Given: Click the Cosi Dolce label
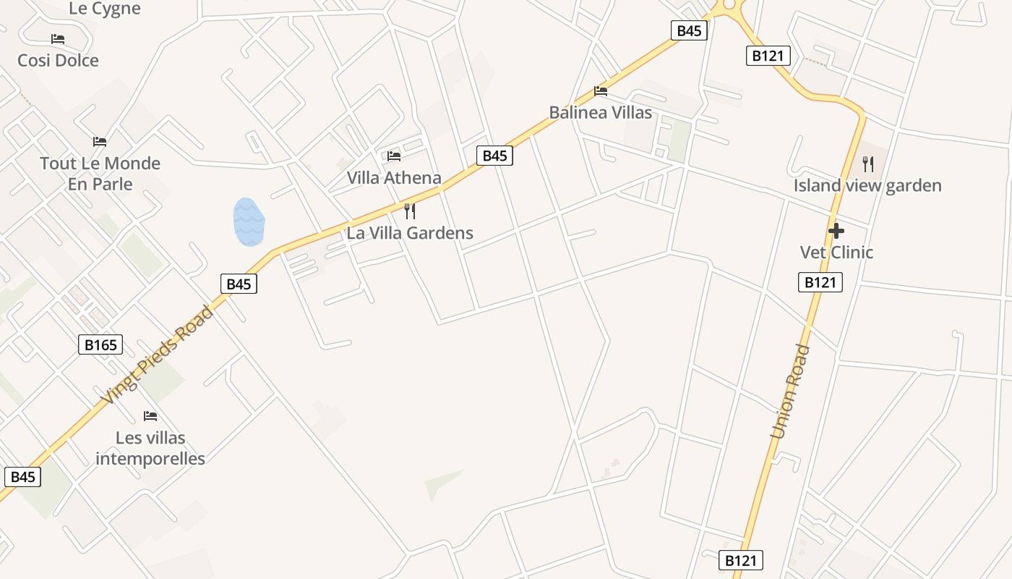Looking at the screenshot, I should (x=58, y=60).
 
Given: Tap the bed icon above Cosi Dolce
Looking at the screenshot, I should (x=58, y=38).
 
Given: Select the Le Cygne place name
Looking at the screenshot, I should (x=105, y=9).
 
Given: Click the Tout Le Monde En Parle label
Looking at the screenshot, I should (x=100, y=174).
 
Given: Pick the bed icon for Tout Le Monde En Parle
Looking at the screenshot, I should (x=100, y=142).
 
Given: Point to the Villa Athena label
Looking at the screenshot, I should (x=394, y=178).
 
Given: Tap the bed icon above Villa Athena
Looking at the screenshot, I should (x=394, y=156).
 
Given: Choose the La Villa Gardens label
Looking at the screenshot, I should (x=410, y=233).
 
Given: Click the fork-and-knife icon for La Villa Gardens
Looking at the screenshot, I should (x=410, y=211).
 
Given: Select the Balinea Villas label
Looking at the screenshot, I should (x=600, y=113).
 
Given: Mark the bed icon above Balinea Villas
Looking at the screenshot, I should (x=600, y=91).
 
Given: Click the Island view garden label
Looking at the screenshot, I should (x=867, y=186).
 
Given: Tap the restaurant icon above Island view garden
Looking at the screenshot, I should (x=868, y=164).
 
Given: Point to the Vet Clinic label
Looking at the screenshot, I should (x=836, y=253).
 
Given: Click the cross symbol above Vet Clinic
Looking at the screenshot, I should (x=836, y=231).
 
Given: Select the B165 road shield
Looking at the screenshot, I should (x=100, y=345).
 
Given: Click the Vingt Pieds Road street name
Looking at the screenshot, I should (x=157, y=355).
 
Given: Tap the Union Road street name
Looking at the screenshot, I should (x=791, y=392).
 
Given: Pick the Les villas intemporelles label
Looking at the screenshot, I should (x=150, y=448).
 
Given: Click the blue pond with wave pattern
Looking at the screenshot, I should (x=249, y=221).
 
